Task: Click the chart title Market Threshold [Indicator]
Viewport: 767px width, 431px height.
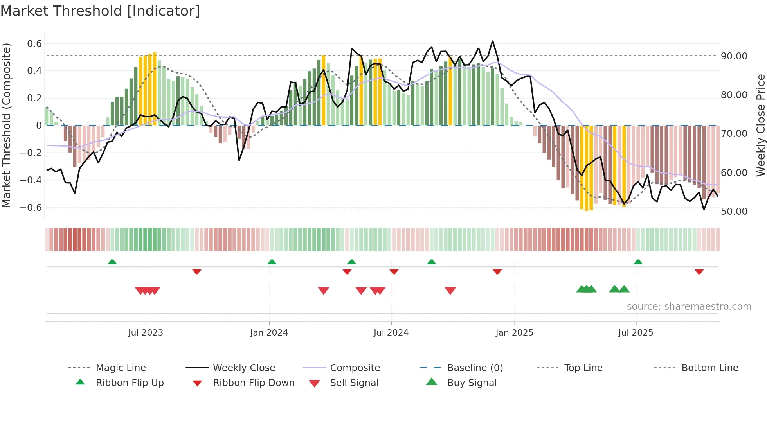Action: pos(100,11)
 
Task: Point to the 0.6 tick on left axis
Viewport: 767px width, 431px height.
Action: pos(34,44)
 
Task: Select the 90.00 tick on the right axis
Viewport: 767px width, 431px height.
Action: pos(734,56)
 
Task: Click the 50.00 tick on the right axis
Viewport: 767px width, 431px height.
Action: pos(734,212)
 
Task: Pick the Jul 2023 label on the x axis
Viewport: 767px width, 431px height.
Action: pos(146,333)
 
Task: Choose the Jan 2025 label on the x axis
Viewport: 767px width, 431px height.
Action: pos(514,333)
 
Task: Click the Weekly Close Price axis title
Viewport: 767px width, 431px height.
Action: pos(760,125)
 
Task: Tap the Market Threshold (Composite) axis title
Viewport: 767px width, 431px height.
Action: pos(6,125)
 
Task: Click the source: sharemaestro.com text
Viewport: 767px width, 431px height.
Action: pos(689,307)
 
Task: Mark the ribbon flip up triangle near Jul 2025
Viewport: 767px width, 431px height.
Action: pos(638,262)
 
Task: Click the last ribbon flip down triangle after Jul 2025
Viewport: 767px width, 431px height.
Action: pos(699,271)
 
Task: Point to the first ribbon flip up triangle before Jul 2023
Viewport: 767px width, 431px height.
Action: pos(112,262)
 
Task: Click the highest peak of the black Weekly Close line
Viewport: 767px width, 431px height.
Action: pos(492,41)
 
